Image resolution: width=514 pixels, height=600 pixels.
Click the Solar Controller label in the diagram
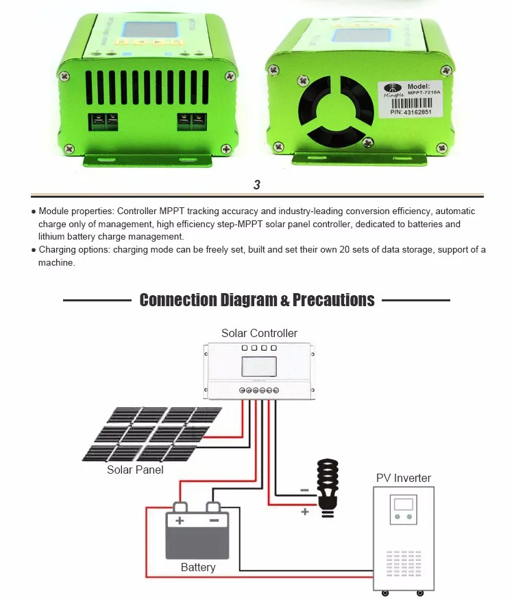[259, 333]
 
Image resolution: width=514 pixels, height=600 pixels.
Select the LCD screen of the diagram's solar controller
[259, 366]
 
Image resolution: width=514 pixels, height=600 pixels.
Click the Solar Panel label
[135, 470]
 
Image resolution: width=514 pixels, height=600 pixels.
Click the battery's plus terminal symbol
[180, 520]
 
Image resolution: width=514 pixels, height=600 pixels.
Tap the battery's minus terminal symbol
[214, 520]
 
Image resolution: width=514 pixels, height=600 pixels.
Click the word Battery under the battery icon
[198, 568]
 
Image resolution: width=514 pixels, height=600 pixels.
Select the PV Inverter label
[404, 478]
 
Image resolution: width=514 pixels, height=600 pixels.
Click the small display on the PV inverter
[404, 504]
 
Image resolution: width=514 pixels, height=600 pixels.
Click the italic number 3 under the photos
[257, 185]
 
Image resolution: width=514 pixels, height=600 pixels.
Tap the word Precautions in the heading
[334, 300]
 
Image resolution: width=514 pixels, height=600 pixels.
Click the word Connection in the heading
[178, 300]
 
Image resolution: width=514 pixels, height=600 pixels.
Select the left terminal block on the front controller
[103, 122]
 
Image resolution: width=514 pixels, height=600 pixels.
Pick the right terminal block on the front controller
[193, 122]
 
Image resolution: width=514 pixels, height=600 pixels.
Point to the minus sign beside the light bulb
[304, 490]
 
